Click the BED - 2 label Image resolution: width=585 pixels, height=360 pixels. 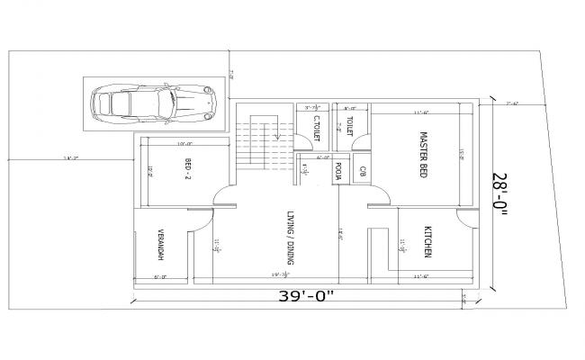188,168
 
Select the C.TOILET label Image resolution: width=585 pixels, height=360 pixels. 317,127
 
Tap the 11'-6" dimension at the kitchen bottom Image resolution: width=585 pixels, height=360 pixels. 420,276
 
